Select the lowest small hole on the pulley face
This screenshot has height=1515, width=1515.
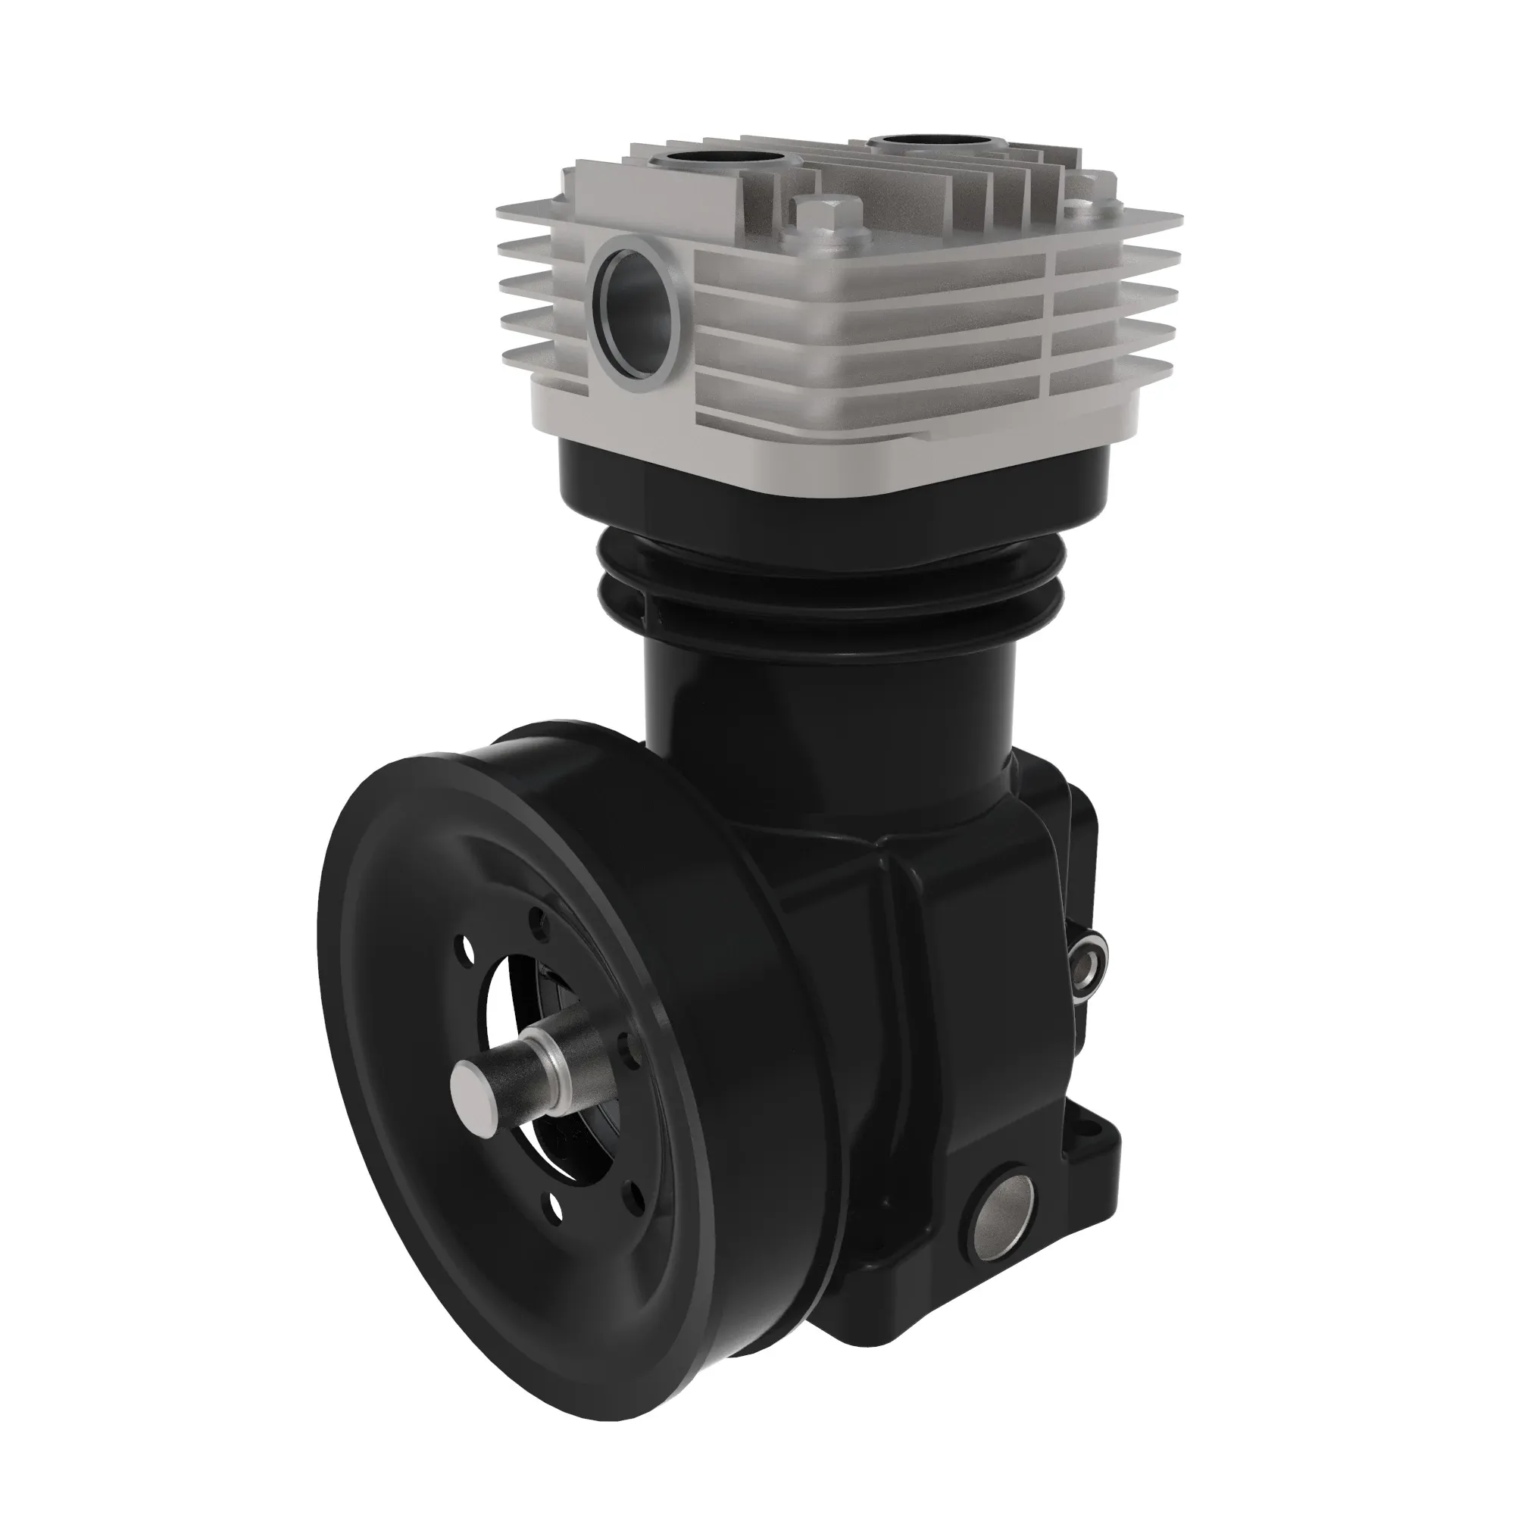pos(556,1232)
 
